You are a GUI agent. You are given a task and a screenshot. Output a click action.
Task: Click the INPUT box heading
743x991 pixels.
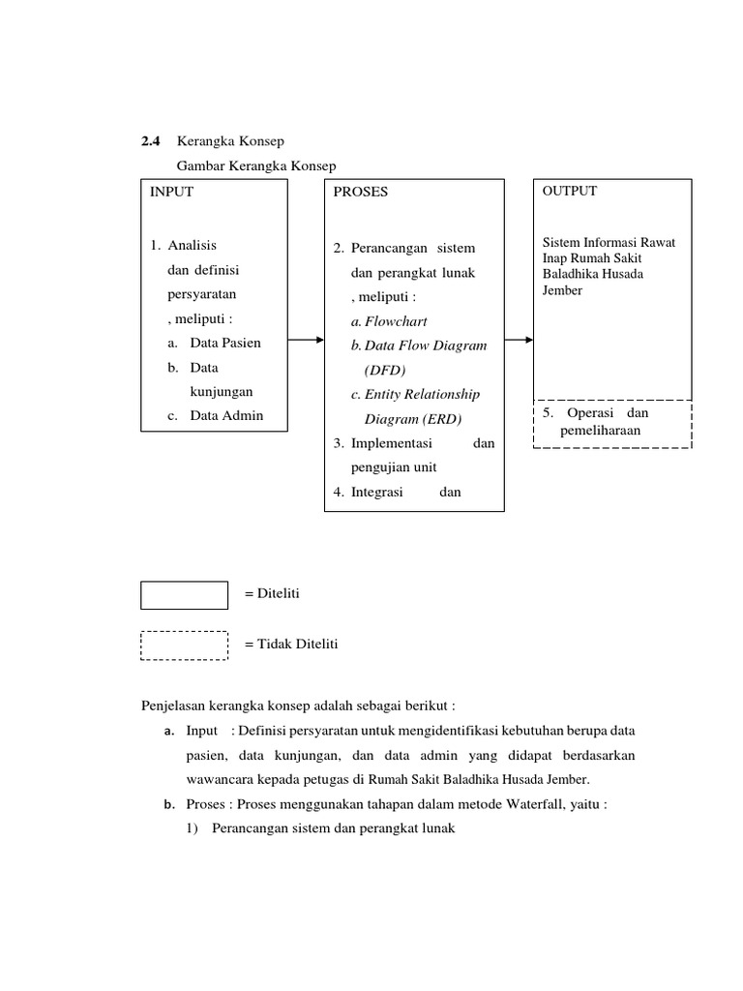click(171, 192)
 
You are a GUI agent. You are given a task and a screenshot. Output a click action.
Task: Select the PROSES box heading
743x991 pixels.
click(360, 192)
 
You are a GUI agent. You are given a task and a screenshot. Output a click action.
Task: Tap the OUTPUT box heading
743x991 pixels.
click(570, 191)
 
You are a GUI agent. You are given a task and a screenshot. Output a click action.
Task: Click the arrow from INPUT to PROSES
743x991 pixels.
click(306, 340)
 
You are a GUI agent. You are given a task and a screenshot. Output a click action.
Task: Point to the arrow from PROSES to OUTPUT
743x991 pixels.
click(519, 340)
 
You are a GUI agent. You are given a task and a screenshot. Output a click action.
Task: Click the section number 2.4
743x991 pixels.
click(152, 142)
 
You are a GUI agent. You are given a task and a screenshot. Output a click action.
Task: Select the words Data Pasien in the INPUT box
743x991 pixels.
click(225, 343)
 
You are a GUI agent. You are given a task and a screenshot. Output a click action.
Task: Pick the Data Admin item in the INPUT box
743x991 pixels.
click(226, 416)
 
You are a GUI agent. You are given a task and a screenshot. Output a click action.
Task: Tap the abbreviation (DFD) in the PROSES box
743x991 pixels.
click(386, 371)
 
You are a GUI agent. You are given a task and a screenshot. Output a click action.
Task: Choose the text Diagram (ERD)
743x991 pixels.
click(413, 420)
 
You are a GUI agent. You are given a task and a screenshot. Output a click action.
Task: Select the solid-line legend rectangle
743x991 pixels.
click(184, 595)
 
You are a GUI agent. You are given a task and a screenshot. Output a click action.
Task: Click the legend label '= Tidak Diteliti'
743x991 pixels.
click(291, 644)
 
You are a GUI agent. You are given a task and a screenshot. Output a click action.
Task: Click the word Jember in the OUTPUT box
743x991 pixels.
click(563, 289)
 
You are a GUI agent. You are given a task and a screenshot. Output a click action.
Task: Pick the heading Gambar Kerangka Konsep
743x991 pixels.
click(255, 166)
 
